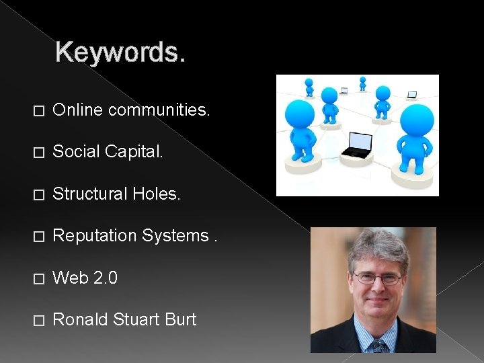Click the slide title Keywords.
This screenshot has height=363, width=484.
point(120,52)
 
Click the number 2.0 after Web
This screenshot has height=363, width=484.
point(105,278)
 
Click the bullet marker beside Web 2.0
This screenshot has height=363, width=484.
point(38,278)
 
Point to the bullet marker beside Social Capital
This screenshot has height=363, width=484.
point(38,153)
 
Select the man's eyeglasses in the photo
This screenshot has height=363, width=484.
point(376,278)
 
